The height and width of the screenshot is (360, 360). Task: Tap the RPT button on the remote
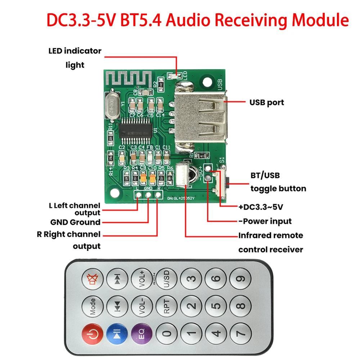[x=167, y=307]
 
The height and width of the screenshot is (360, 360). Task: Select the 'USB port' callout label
[x=267, y=103]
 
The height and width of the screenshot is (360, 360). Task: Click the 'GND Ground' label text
[x=75, y=222]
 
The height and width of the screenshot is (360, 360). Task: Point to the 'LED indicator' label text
[x=75, y=51]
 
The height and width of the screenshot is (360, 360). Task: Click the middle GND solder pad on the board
[x=148, y=195]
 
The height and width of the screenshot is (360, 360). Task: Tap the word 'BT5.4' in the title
[x=144, y=20]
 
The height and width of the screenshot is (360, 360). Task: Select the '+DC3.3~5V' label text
[x=261, y=207]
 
